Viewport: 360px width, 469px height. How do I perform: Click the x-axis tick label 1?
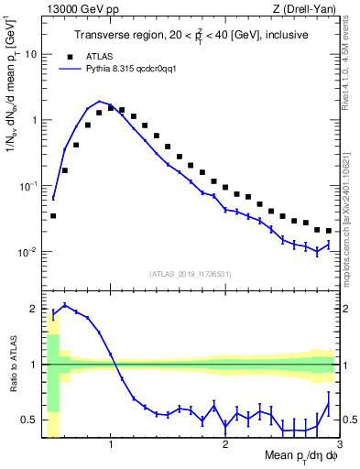click(x=111, y=444)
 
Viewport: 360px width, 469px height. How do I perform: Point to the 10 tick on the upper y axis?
click(x=29, y=54)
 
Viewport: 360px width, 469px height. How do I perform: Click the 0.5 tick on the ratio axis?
click(x=30, y=420)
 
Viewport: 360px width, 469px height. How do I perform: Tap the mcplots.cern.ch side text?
click(x=350, y=220)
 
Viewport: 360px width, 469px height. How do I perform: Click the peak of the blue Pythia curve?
click(x=99, y=101)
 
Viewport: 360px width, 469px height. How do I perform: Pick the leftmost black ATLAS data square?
click(x=53, y=216)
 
